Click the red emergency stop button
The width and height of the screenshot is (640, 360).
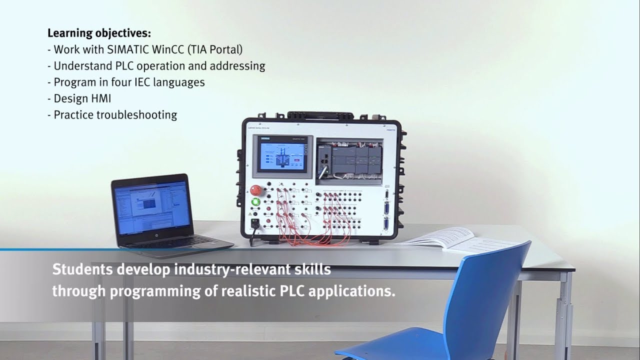[255, 190]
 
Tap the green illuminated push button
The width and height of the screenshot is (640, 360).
[255, 202]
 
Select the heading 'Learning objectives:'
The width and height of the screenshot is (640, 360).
[99, 33]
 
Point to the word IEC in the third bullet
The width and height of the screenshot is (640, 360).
[144, 82]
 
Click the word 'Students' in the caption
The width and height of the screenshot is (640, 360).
[82, 269]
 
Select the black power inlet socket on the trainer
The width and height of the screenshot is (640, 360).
[255, 222]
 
